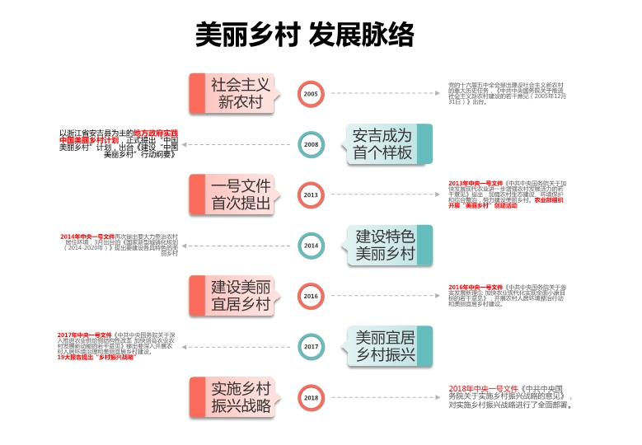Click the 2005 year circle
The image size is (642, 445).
pos(311,94)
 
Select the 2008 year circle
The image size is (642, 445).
pos(311,144)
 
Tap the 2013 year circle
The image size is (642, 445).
pos(311,194)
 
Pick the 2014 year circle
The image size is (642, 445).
pos(311,245)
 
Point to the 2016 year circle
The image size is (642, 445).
pos(311,296)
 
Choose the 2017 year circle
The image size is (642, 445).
pos(311,347)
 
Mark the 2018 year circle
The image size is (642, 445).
pos(311,397)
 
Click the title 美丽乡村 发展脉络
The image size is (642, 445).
pos(304,35)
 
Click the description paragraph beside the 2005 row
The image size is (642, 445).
pos(507,94)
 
